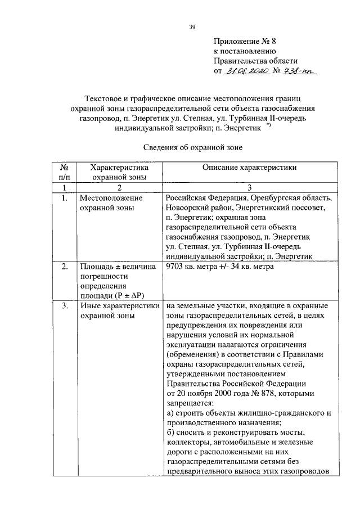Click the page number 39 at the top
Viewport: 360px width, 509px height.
192,26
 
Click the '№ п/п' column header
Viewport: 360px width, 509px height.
65,172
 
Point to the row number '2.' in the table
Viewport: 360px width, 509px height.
65,267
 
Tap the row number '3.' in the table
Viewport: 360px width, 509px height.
65,307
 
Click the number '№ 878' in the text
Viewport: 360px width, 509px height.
260,393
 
